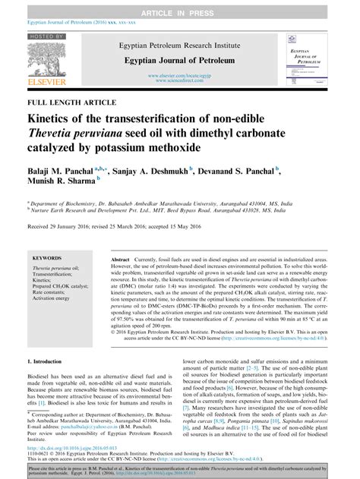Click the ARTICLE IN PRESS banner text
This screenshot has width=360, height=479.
coord(179,5)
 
